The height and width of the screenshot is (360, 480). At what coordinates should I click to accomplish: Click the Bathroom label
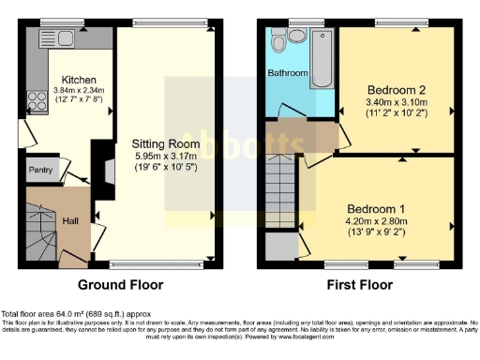(x=288, y=72)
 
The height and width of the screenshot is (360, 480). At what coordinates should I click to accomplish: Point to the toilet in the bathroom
(x=297, y=35)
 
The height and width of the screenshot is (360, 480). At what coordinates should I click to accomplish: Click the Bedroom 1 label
(x=377, y=208)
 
